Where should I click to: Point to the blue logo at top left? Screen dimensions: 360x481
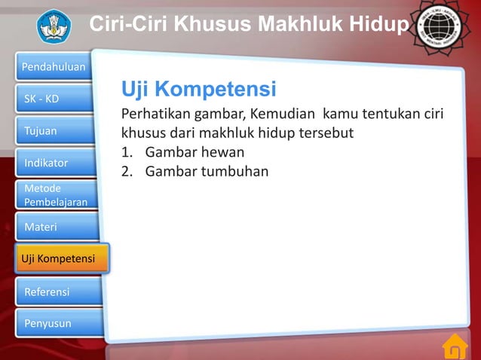pos(53,26)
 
